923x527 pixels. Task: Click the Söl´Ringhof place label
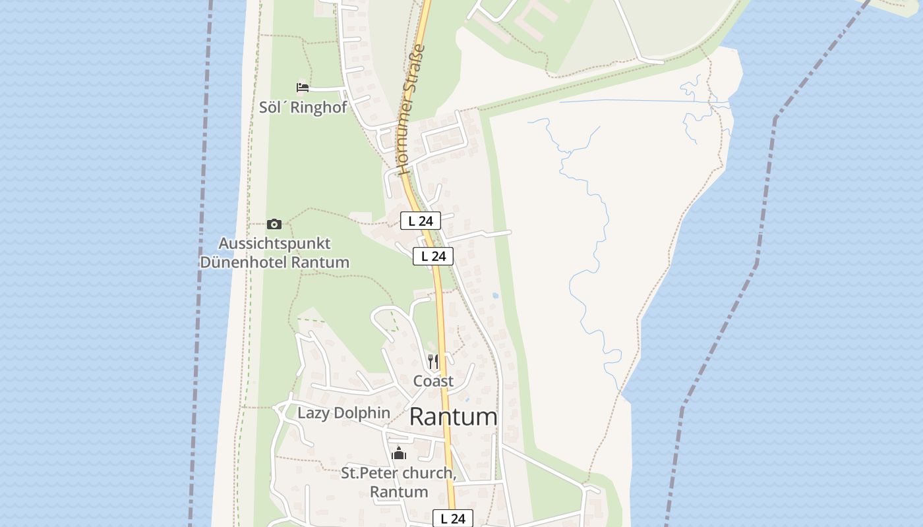pyautogui.click(x=303, y=107)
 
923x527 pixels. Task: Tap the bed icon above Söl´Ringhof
pyautogui.click(x=303, y=88)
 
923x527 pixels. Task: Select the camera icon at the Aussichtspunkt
pyautogui.click(x=274, y=224)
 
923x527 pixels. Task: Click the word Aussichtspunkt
pyautogui.click(x=274, y=243)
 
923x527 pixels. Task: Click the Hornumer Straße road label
pyautogui.click(x=412, y=109)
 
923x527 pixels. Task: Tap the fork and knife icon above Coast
pyautogui.click(x=433, y=362)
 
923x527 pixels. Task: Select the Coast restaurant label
pyautogui.click(x=433, y=381)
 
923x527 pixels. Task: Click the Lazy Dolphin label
pyautogui.click(x=343, y=413)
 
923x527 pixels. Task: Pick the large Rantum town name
pyautogui.click(x=454, y=416)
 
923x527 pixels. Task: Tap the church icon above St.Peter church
pyautogui.click(x=398, y=453)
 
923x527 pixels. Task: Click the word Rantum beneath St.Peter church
pyautogui.click(x=398, y=491)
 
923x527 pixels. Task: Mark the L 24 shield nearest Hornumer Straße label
pyautogui.click(x=421, y=221)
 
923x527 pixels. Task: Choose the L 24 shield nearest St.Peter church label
pyautogui.click(x=453, y=518)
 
